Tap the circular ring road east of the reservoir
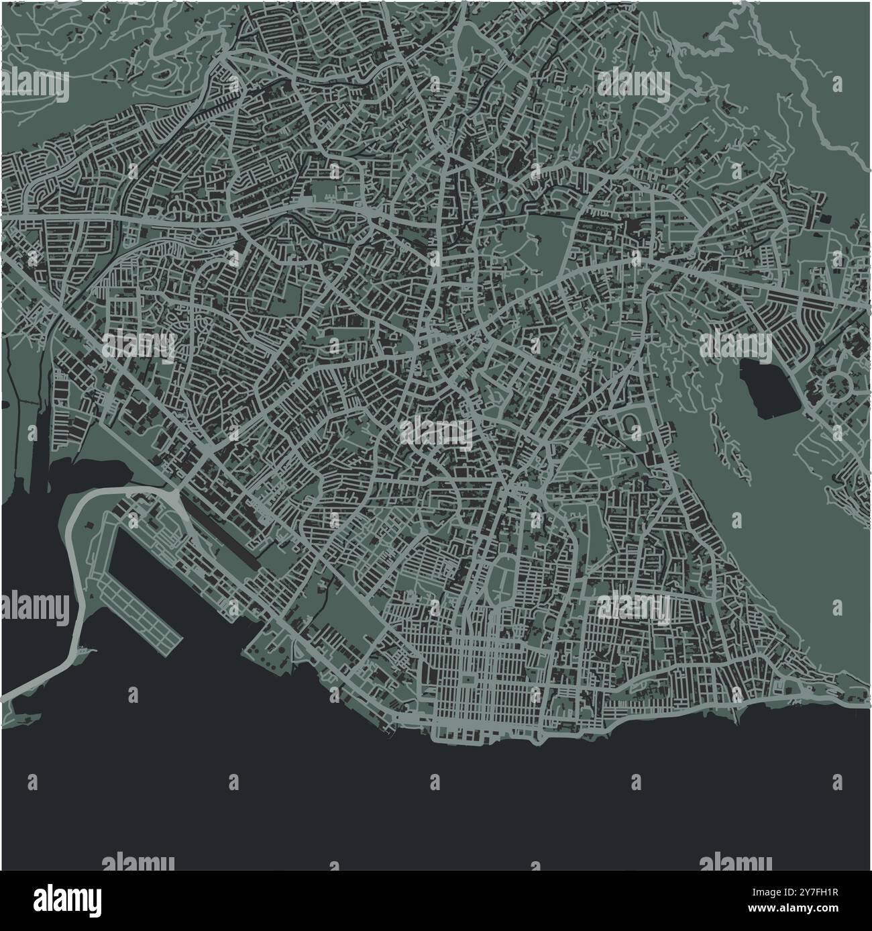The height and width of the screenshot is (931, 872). pyautogui.click(x=837, y=386)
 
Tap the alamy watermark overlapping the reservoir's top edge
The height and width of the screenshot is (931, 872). pyautogui.click(x=736, y=346)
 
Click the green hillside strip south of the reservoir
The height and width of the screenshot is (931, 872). pyautogui.click(x=771, y=524)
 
